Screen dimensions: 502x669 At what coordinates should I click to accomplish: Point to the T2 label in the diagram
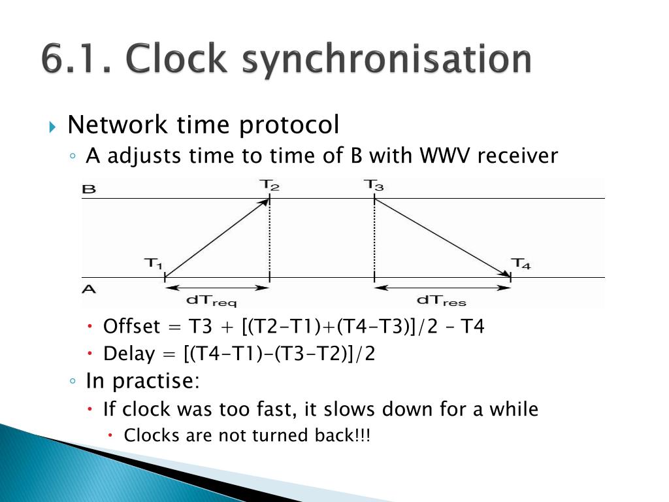coord(270,185)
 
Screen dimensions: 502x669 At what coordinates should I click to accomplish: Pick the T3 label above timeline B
coord(374,185)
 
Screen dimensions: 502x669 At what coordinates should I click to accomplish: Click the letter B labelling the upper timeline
coord(89,190)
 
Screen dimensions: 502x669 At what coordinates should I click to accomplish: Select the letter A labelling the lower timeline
coord(89,288)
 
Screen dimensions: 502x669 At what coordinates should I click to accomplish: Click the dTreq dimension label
coord(212,301)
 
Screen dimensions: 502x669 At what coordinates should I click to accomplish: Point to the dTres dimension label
coord(441,301)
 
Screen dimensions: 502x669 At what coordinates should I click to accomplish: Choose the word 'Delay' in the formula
coord(129,354)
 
